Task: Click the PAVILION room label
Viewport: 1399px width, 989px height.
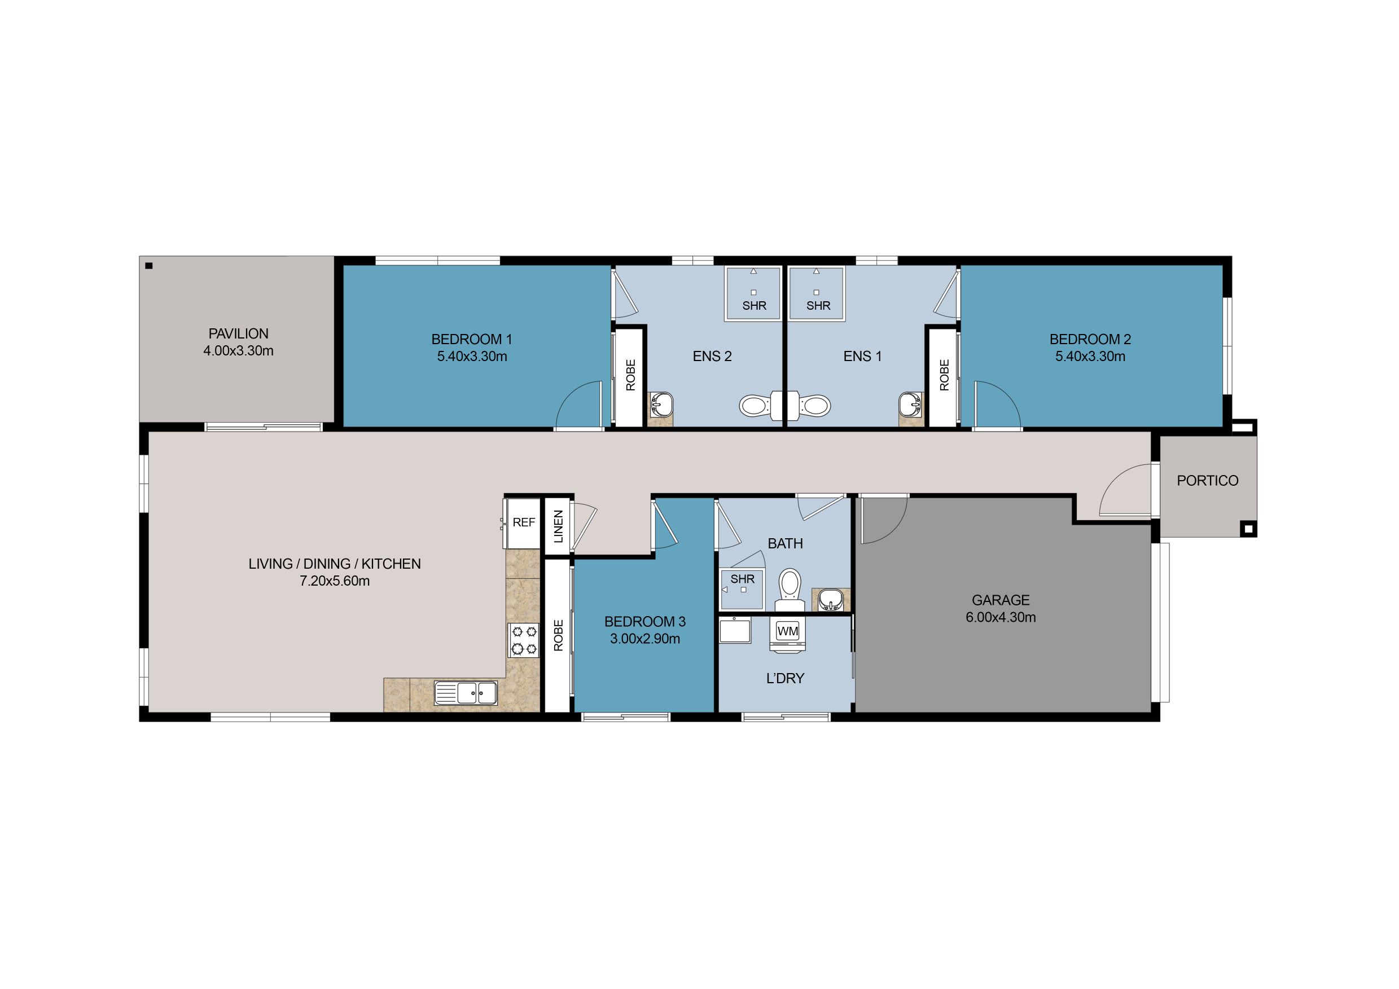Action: pos(238,334)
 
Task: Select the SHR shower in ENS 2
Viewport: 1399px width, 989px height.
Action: pos(753,293)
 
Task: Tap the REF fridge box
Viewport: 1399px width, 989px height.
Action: pos(523,522)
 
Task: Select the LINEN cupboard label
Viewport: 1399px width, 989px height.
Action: pos(558,526)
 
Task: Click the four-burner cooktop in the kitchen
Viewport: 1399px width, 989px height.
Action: pos(523,640)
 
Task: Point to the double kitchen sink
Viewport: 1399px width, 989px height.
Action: pos(466,693)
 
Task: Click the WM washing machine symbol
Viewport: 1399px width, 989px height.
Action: pos(787,631)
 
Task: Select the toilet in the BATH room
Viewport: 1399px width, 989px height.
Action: pos(790,587)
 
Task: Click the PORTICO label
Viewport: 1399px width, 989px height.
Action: pos(1207,481)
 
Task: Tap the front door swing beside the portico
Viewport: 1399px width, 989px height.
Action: pos(1124,491)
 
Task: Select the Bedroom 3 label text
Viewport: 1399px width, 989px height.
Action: pos(644,622)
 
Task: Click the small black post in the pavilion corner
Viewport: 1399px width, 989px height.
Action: pos(148,266)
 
